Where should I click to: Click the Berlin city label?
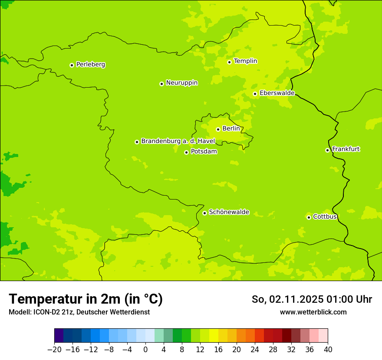(231, 129)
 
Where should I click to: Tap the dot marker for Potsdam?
(186, 152)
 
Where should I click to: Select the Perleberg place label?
(90, 65)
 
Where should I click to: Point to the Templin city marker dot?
(229, 62)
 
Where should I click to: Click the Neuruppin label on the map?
(181, 83)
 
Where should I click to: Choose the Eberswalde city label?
(277, 93)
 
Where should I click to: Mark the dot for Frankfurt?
(327, 151)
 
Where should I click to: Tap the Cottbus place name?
(325, 217)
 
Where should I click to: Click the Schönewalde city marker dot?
(204, 213)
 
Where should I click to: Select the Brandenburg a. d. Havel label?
(178, 141)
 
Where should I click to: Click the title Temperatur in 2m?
(86, 299)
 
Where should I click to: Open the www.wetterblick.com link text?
(313, 312)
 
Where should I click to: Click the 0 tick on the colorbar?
(145, 350)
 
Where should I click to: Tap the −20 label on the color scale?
(54, 350)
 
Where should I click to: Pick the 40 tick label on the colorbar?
(328, 350)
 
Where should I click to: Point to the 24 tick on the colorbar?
(255, 350)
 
